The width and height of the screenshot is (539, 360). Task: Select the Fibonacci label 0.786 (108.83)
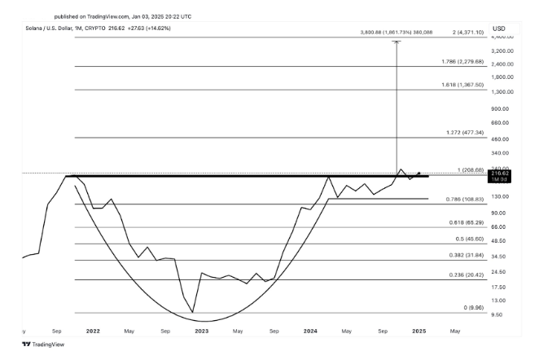(x=466, y=199)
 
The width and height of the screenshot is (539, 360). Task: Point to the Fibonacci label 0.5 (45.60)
(x=467, y=239)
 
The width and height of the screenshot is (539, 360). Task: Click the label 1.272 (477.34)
(x=466, y=132)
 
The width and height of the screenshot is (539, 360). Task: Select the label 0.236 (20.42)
(x=466, y=274)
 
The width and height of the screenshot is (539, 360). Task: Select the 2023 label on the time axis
(x=201, y=331)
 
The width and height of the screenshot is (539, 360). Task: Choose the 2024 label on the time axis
(x=310, y=331)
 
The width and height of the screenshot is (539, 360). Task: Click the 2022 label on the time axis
(x=93, y=331)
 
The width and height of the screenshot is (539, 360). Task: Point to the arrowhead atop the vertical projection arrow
(x=397, y=41)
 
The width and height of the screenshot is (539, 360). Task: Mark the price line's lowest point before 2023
(x=192, y=312)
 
